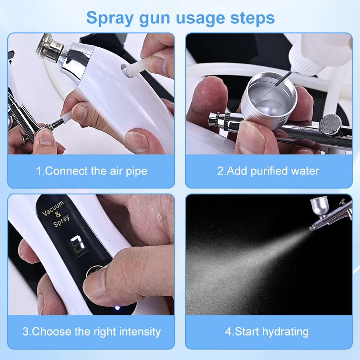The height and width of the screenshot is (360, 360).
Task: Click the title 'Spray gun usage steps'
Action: [180, 18]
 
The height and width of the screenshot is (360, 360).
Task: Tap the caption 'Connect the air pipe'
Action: [91, 171]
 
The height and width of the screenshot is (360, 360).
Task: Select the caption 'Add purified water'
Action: [268, 171]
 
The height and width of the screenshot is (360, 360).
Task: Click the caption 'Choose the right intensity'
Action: [91, 332]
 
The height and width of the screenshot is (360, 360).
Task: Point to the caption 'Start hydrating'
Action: [267, 332]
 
